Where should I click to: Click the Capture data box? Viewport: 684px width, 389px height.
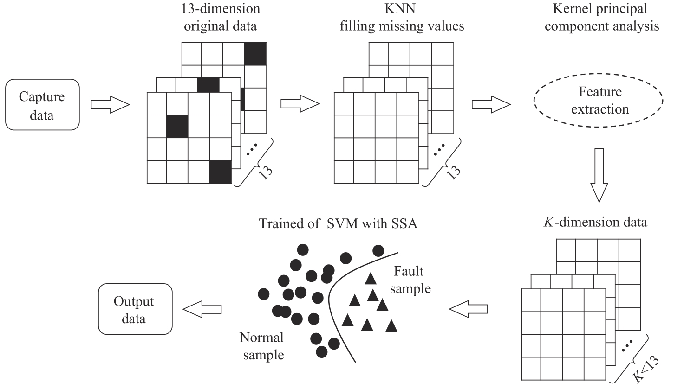[x=42, y=105]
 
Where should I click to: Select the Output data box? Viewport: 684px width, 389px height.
[x=135, y=309]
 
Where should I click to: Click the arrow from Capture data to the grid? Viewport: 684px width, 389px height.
[x=110, y=105]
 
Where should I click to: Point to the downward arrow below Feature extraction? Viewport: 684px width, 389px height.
[x=599, y=175]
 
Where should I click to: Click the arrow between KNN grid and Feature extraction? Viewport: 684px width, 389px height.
[x=491, y=104]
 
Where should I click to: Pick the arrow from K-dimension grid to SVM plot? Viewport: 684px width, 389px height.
[x=468, y=308]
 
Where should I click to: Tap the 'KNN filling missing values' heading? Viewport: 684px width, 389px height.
[x=402, y=17]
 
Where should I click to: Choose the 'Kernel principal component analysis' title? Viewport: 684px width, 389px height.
[x=601, y=17]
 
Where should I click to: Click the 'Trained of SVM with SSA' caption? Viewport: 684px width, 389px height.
[x=338, y=223]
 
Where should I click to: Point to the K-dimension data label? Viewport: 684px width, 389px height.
[x=595, y=222]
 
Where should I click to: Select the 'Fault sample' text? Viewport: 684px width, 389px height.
[x=410, y=280]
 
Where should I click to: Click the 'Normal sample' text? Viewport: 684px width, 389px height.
[x=262, y=346]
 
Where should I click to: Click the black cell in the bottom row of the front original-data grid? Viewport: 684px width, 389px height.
[x=220, y=172]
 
